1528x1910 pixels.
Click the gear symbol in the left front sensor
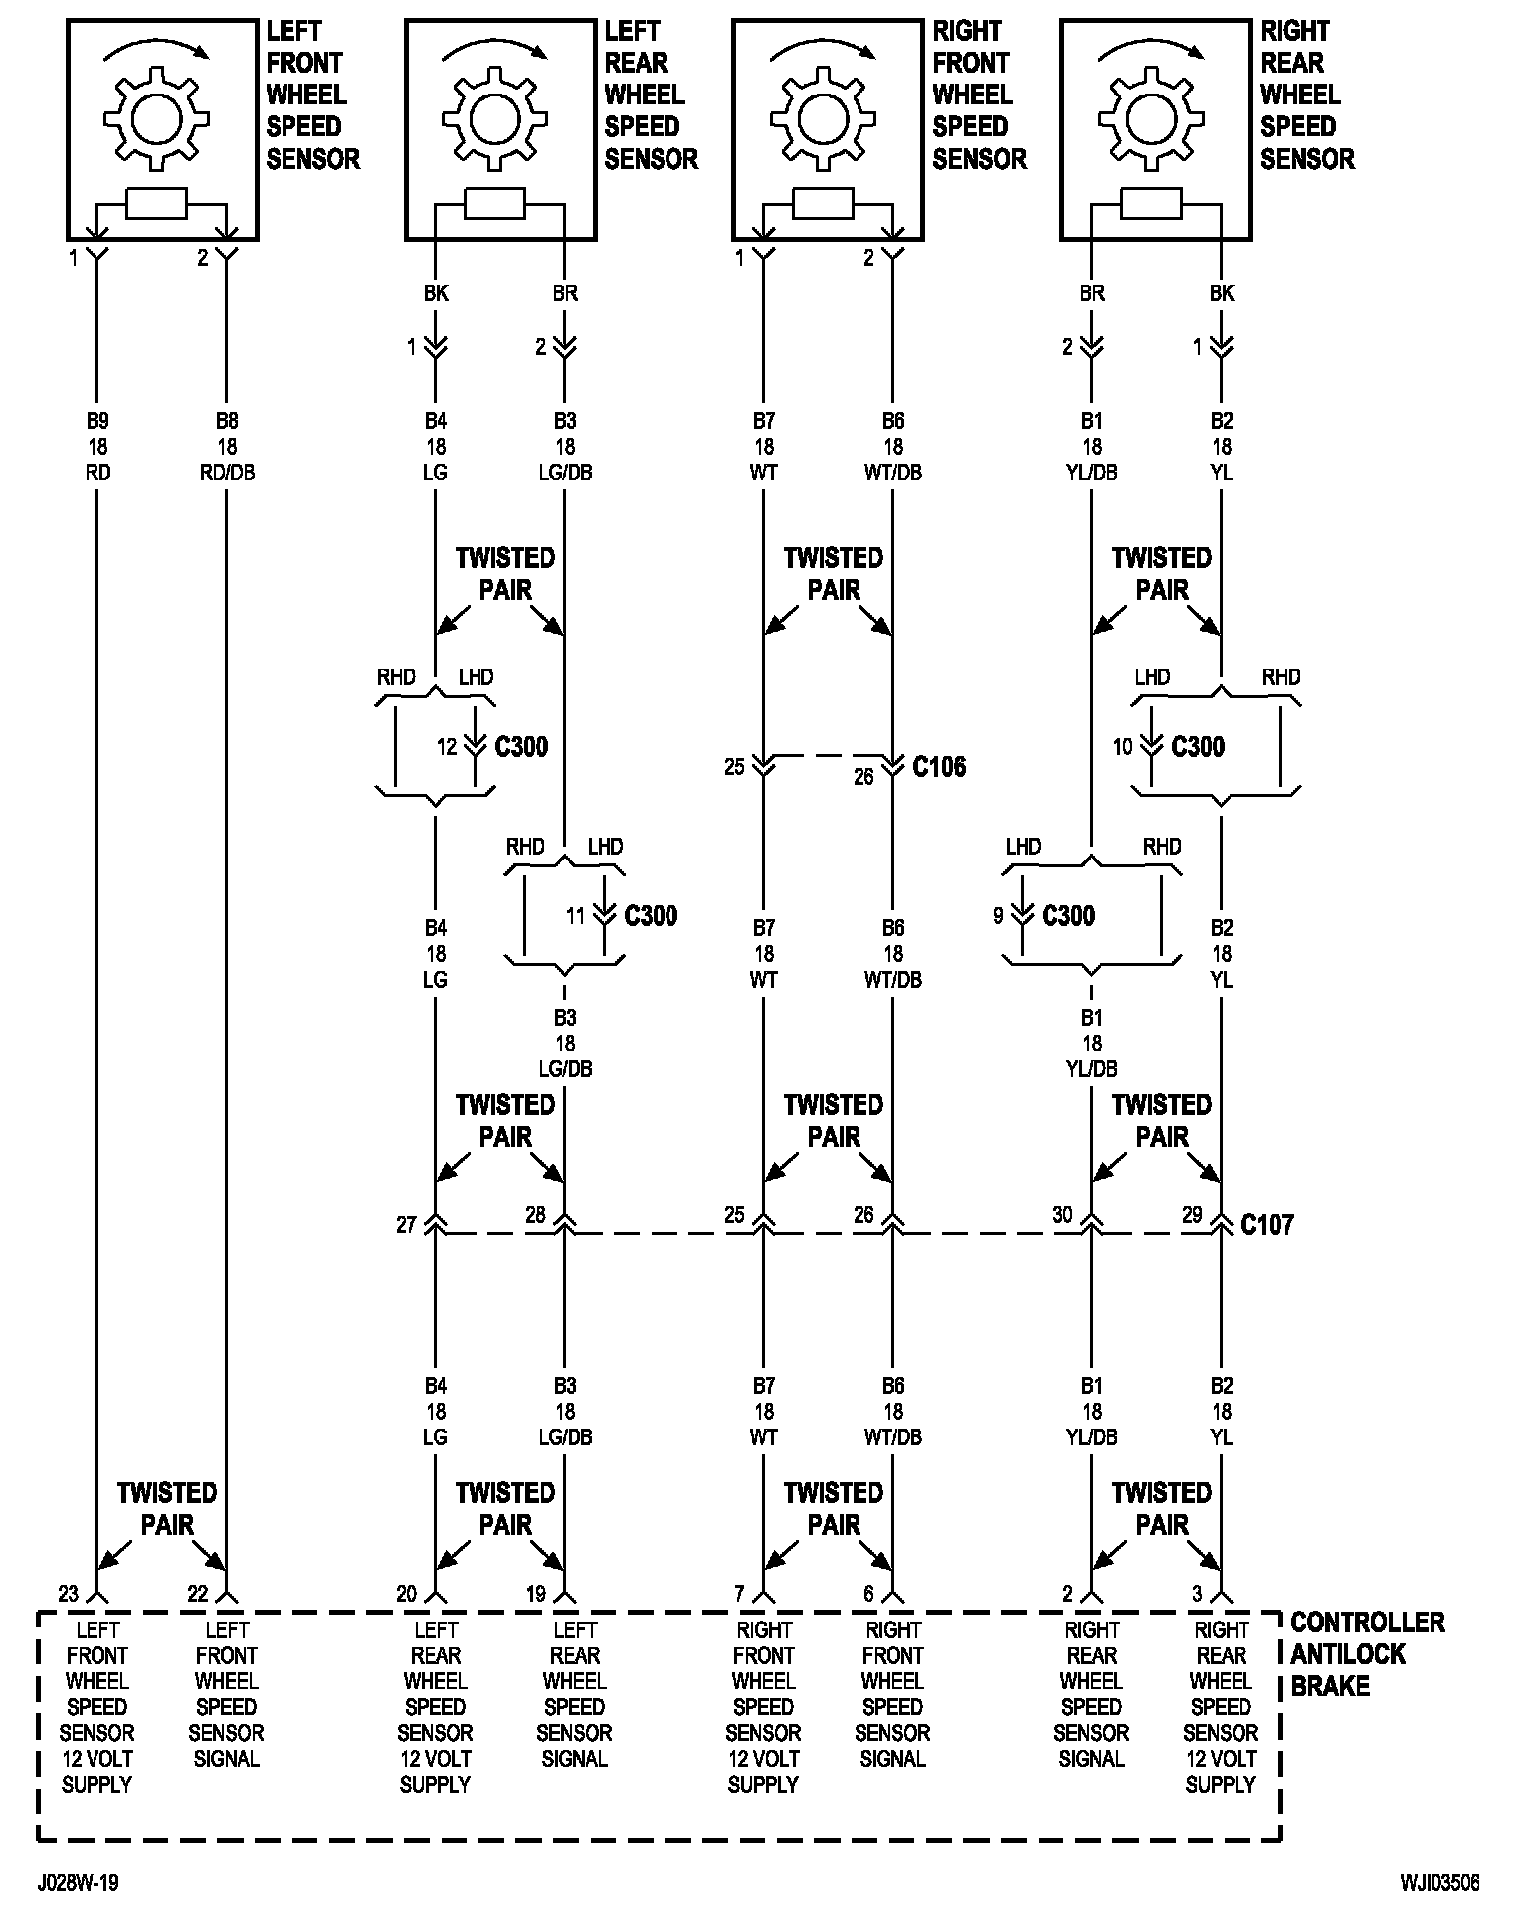tap(159, 116)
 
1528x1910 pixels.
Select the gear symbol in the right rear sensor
tap(1153, 116)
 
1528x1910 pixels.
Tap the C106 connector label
tap(939, 766)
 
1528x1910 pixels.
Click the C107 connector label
tap(1267, 1224)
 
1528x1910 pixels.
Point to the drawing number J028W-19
tap(80, 1883)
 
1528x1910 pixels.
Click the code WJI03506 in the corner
tap(1439, 1883)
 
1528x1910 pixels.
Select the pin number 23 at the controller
tap(68, 1593)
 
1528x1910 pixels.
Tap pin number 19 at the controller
tap(535, 1593)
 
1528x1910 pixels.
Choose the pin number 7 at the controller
tap(739, 1593)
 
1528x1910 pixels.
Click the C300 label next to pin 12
tap(521, 746)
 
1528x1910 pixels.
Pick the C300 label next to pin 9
tap(1068, 915)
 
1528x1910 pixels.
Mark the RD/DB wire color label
tap(227, 473)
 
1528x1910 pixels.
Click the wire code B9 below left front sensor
tap(97, 421)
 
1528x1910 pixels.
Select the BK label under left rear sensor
tap(436, 293)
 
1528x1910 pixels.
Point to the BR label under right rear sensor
tap(1092, 293)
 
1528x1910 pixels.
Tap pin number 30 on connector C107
tap(1062, 1214)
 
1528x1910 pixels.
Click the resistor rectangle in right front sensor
tap(823, 204)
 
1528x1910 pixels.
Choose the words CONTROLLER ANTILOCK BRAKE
tap(1368, 1654)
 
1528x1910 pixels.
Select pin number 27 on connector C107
tap(406, 1224)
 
